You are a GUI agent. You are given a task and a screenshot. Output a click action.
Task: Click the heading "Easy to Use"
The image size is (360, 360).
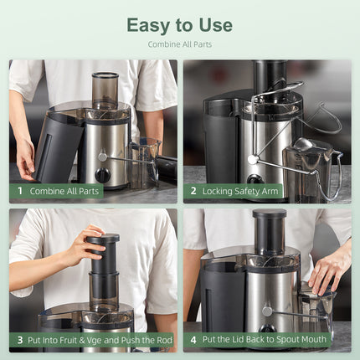(x=179, y=25)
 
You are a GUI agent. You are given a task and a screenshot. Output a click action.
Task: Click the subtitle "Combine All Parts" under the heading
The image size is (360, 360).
(x=179, y=44)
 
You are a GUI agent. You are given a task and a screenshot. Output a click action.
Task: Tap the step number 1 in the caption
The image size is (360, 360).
(x=20, y=191)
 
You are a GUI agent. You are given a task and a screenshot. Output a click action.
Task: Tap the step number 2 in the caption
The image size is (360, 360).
(x=193, y=191)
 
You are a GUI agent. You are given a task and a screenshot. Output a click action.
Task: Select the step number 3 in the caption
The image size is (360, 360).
(x=20, y=340)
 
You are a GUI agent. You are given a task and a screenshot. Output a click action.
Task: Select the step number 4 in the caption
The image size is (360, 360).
(x=193, y=340)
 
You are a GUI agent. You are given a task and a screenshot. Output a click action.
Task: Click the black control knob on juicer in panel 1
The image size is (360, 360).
(x=102, y=175)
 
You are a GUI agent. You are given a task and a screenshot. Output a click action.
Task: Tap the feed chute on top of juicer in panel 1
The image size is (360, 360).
(x=105, y=88)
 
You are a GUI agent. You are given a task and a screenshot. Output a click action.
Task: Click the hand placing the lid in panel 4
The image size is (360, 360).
(x=329, y=268)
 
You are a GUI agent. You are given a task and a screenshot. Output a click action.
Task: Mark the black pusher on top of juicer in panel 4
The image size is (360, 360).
(x=269, y=230)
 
